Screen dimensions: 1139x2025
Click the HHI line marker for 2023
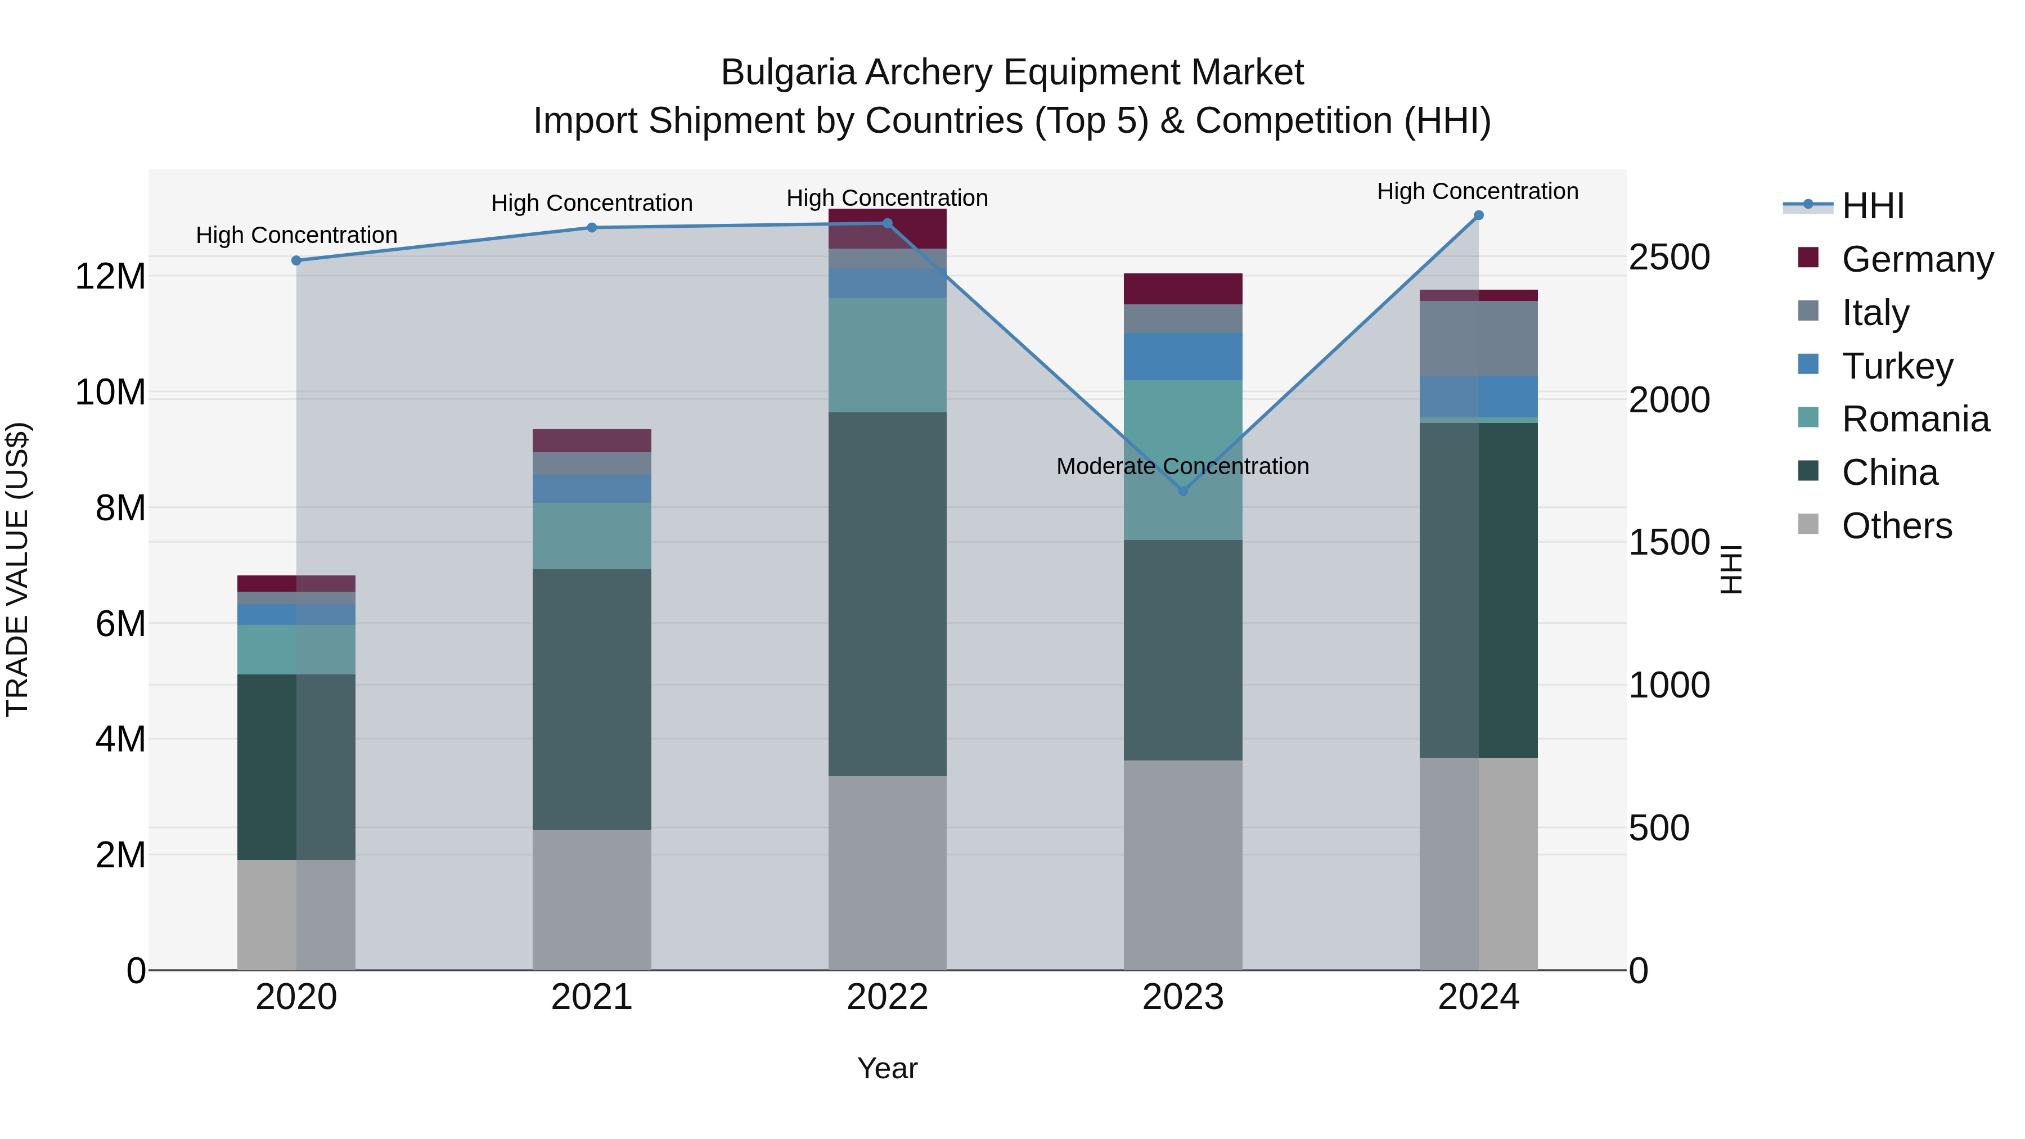1183,490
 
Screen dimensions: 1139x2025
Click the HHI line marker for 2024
1479,215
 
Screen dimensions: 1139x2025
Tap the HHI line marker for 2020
296,260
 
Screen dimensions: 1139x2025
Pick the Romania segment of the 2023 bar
1183,460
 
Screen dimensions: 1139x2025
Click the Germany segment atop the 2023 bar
1183,289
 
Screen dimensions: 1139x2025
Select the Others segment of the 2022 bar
888,872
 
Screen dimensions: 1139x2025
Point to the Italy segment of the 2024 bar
1479,338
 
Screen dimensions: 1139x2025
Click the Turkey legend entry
1897,366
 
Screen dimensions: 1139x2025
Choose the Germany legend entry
1916,259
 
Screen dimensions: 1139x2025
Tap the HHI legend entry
1873,206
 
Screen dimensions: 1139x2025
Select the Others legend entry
1896,526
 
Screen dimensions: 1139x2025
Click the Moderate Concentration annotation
1182,466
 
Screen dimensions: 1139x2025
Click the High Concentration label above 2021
592,203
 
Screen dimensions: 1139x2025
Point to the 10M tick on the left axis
110,392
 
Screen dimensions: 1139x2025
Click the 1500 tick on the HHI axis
1668,542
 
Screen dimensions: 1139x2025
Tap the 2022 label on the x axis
888,997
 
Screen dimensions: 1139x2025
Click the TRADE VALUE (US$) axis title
17,569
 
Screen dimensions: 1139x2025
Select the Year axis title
888,1068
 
